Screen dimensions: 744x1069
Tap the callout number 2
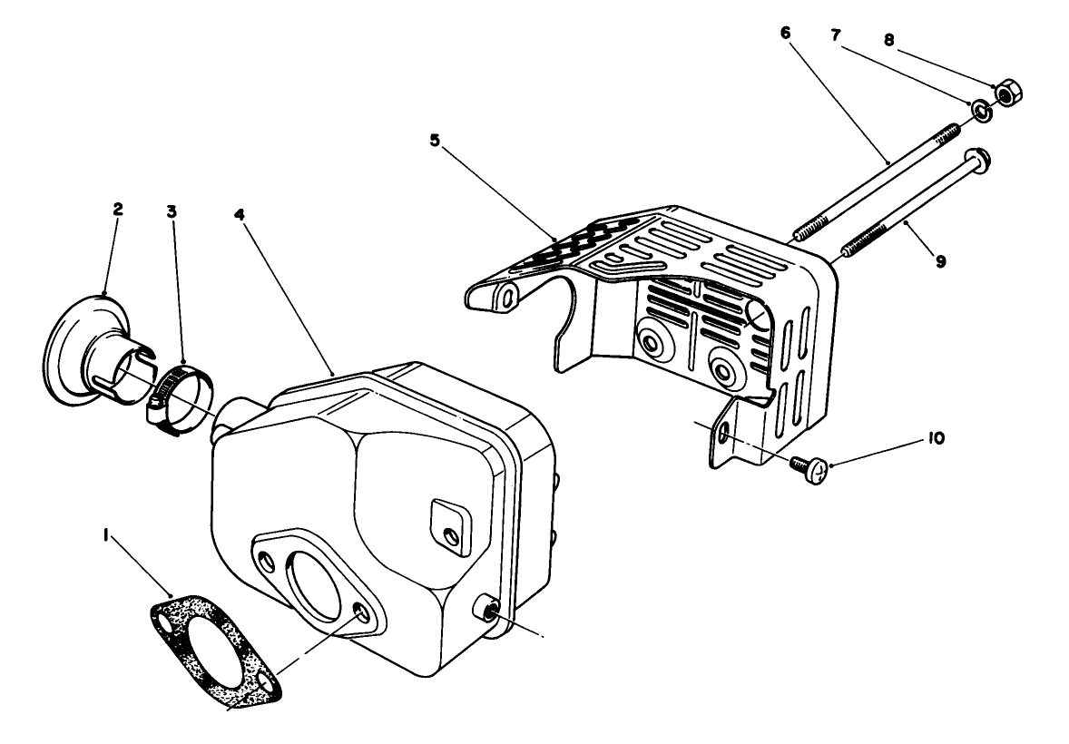click(x=118, y=209)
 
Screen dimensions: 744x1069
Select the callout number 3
click(x=171, y=210)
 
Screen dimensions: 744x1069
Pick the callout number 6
click(x=785, y=33)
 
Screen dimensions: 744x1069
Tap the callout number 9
click(x=940, y=260)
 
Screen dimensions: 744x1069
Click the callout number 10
click(x=935, y=438)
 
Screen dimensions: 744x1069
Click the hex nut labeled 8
click(x=1006, y=93)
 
